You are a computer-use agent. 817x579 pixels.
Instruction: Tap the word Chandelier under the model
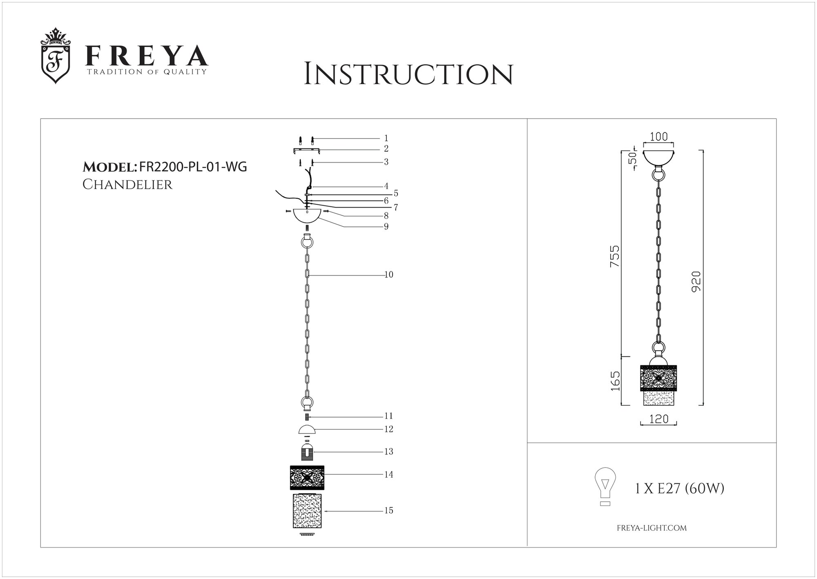[x=127, y=185]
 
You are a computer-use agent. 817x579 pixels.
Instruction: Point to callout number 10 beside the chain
[x=388, y=275]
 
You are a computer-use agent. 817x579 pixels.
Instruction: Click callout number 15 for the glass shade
[x=388, y=511]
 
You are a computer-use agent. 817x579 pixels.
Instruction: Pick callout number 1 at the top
[x=386, y=139]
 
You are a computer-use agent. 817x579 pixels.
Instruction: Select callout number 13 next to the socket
[x=388, y=452]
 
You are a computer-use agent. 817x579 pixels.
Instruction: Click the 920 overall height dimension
[x=697, y=281]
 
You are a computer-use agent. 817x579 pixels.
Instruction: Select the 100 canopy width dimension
[x=659, y=137]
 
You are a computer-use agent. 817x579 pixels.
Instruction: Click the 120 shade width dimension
[x=659, y=419]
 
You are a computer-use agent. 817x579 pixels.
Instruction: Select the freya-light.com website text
[x=651, y=528]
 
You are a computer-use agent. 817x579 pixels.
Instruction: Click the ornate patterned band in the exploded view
[x=307, y=477]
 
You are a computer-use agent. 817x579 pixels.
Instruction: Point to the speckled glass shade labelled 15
[x=307, y=511]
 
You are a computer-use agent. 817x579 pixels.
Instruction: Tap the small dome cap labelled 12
[x=307, y=429]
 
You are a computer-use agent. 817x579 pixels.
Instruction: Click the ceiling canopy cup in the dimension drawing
[x=659, y=157]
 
